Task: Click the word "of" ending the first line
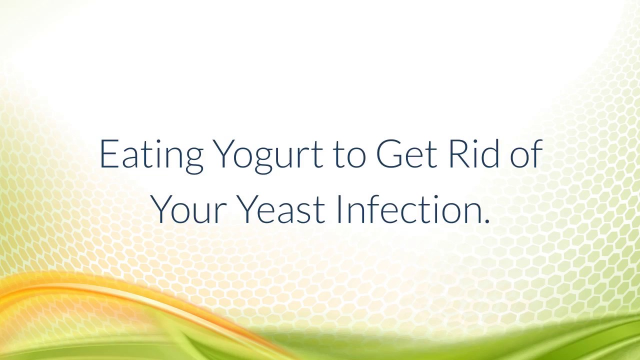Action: click(526, 154)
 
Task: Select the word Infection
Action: click(409, 209)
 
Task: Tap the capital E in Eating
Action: click(108, 154)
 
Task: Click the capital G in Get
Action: click(388, 154)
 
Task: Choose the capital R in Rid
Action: click(457, 154)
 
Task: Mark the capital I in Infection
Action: click(338, 209)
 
